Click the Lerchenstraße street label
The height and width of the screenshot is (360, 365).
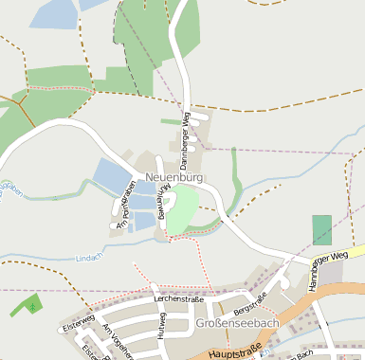180,298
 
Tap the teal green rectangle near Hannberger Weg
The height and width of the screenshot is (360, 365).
322,229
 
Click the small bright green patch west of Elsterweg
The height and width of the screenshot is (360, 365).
28,305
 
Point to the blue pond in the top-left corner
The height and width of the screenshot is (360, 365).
52,12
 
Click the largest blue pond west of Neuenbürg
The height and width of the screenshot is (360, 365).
110,175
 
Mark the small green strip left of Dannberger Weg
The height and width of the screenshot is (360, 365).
170,120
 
